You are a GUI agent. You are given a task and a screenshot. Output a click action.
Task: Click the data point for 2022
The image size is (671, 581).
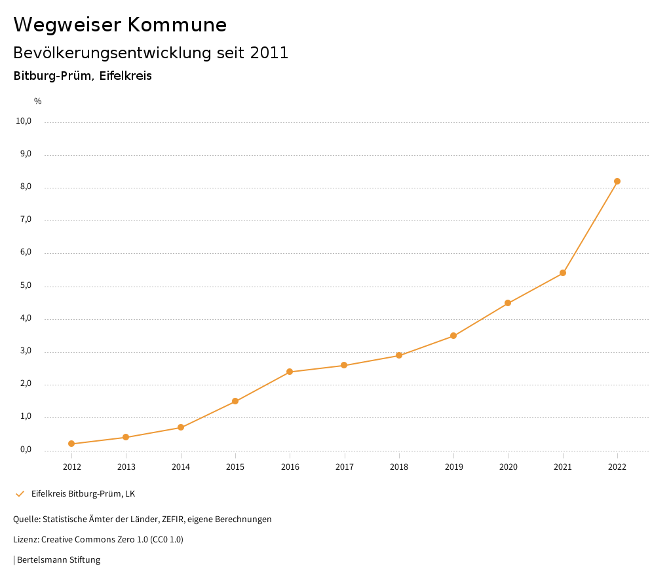(x=617, y=181)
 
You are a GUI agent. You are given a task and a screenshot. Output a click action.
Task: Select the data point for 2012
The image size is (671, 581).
(x=71, y=444)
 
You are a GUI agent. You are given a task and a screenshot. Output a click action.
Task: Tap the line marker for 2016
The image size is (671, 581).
(x=290, y=372)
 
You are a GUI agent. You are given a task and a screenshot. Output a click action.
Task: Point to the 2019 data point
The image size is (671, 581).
(x=453, y=336)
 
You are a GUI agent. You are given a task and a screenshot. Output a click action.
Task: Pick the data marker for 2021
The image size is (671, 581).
(x=563, y=273)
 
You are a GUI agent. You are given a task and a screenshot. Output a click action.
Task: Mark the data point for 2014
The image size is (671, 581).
(x=181, y=427)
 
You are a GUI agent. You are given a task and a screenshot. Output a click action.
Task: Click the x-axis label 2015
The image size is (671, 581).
(x=235, y=467)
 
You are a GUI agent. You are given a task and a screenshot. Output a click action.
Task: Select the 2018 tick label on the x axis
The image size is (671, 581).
(x=399, y=467)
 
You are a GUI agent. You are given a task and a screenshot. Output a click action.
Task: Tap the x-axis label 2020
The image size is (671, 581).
(x=508, y=467)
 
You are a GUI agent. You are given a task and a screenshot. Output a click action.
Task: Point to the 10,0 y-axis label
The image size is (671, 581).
(x=24, y=121)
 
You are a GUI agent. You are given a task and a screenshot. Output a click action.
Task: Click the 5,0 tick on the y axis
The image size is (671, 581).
(x=26, y=285)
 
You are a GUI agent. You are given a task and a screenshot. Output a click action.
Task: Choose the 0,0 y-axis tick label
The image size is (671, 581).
(x=26, y=449)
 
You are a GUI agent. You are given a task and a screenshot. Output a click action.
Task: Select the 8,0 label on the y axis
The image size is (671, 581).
(x=26, y=187)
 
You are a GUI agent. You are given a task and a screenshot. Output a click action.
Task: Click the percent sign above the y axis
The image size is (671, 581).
(x=38, y=101)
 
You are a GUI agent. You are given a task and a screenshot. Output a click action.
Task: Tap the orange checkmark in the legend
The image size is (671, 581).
(x=20, y=493)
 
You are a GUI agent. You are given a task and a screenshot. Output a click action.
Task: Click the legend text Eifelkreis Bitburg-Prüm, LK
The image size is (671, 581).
(x=83, y=493)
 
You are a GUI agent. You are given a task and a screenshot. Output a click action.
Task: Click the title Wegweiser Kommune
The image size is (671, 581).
(x=120, y=25)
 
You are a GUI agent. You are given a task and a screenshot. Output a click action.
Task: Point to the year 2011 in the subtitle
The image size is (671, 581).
(x=269, y=53)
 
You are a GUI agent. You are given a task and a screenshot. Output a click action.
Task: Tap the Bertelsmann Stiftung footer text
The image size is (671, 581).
(x=58, y=559)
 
